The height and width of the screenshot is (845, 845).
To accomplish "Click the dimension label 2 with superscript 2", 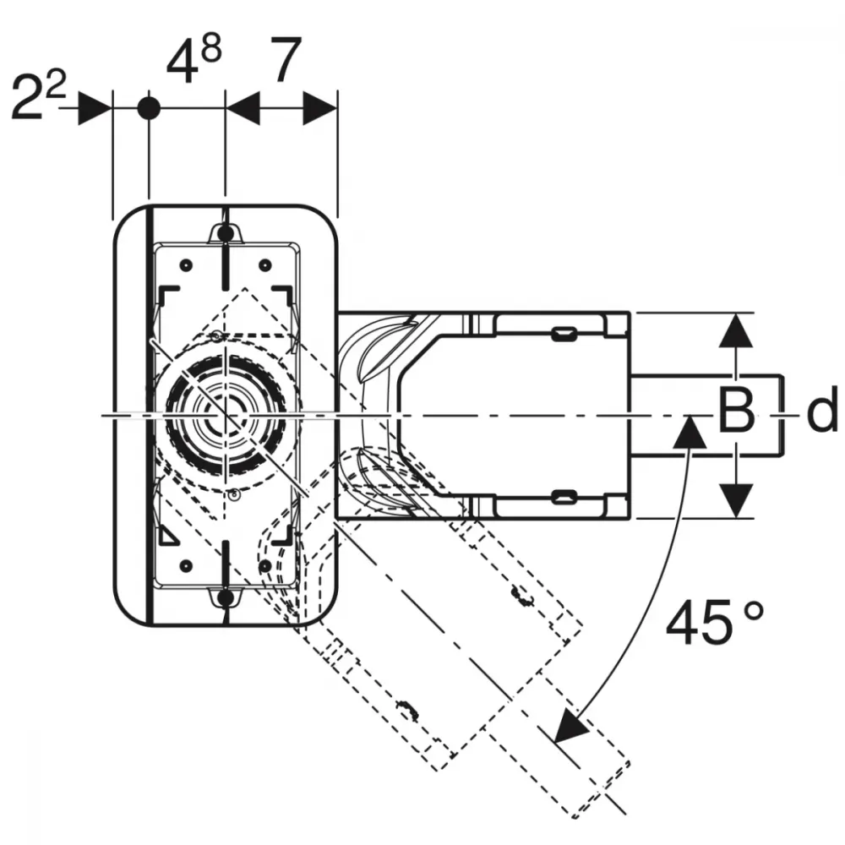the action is pos(38,96).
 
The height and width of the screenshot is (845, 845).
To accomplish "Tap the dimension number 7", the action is pos(285,59).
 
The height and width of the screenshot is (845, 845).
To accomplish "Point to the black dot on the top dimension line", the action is pos(149,108).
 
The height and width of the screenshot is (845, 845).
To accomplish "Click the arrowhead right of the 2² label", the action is pos(95,108).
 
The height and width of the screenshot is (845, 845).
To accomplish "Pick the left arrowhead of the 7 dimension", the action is pos(243,108).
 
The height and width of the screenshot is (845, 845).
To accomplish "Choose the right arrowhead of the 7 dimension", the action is pos(320,108).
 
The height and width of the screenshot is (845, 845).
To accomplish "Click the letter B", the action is pos(736,412).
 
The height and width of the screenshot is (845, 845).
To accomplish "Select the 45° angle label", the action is pos(715,623).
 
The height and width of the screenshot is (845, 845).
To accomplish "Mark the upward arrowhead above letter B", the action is pos(736,330).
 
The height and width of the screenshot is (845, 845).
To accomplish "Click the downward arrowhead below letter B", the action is pos(736,500).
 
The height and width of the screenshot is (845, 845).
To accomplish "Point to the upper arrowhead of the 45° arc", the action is pos(690,432).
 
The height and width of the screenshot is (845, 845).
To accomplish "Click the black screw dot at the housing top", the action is pos(226,233).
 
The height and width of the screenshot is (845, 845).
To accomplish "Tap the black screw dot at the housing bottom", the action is pos(226,597).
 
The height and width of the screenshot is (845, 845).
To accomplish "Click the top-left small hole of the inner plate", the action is pos(186,265).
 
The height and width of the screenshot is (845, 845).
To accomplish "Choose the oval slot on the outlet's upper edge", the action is pos(564,334).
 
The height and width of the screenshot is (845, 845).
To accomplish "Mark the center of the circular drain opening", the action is pos(226,415).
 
